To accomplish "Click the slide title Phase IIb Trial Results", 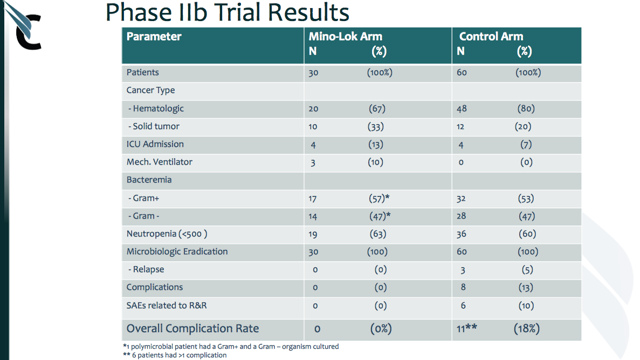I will click(227, 14).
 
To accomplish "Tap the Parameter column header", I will click(154, 37).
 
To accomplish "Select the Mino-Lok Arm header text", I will click(345, 37).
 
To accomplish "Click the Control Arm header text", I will click(491, 37).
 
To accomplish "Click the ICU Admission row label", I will click(155, 145).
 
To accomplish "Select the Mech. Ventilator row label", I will click(159, 163).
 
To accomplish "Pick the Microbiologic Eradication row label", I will click(177, 252).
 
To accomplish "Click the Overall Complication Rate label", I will click(192, 328).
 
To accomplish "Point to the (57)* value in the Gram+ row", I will click(378, 199).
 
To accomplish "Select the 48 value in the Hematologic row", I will click(464, 109).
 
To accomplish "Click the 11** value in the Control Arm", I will click(467, 327).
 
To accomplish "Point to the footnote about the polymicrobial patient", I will click(230, 346).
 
